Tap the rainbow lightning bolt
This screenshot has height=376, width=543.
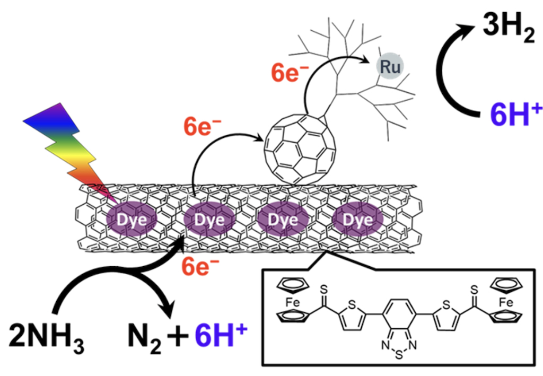pyautogui.click(x=69, y=154)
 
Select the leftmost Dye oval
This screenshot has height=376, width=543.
pyautogui.click(x=130, y=219)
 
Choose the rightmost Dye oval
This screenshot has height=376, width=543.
pyautogui.click(x=358, y=219)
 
